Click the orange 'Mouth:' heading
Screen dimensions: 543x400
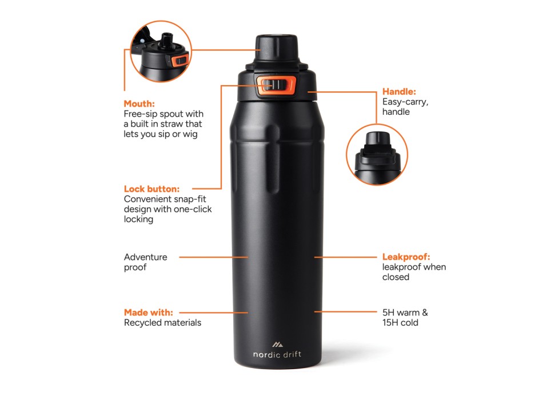click(x=139, y=103)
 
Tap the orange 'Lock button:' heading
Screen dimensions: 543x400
click(x=151, y=189)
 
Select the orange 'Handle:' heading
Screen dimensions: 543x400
click(x=399, y=91)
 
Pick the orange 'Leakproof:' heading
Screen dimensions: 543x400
click(x=406, y=257)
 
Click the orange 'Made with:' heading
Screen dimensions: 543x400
click(x=148, y=313)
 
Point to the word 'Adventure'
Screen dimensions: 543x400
click(x=145, y=257)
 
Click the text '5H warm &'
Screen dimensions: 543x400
click(x=405, y=313)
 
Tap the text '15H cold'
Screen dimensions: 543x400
click(x=400, y=322)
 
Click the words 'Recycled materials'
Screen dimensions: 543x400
click(x=162, y=322)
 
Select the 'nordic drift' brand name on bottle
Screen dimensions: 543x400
click(x=277, y=354)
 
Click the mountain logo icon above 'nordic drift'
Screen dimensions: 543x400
click(x=277, y=344)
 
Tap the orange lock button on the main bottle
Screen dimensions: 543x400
click(x=276, y=85)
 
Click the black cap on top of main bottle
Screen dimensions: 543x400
click(x=277, y=48)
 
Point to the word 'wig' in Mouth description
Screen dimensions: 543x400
click(x=190, y=134)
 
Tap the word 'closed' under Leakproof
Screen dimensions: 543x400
click(x=396, y=277)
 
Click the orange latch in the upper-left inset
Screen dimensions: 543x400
click(x=179, y=60)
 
